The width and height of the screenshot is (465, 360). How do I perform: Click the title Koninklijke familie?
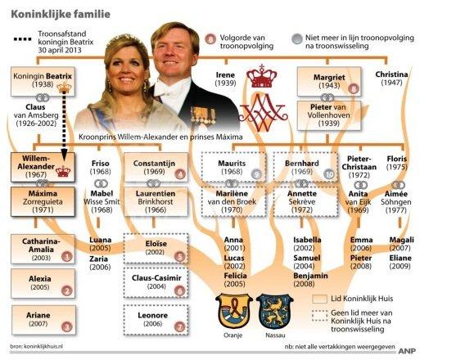click(61, 14)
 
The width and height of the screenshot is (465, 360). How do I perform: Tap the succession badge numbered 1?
click(67, 256)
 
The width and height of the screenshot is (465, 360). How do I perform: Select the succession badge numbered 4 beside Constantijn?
click(180, 174)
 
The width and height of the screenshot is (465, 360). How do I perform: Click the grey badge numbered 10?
click(329, 174)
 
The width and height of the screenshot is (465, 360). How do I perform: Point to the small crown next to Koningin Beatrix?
click(65, 88)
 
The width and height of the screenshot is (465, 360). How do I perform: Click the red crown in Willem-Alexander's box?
click(64, 171)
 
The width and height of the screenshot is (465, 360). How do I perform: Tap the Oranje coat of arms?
click(233, 311)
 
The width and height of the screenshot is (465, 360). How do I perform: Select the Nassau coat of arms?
click(274, 311)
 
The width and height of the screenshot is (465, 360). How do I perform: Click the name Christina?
click(391, 74)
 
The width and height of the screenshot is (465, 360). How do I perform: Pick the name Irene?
click(225, 75)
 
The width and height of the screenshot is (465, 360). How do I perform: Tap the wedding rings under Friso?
click(101, 184)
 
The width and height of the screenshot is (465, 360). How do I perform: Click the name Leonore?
click(153, 315)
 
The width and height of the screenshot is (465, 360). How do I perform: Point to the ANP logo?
click(407, 351)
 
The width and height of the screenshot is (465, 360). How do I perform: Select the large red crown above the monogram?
click(262, 76)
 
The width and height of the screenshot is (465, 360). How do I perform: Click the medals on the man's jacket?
click(203, 115)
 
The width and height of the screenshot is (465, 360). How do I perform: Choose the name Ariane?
click(38, 315)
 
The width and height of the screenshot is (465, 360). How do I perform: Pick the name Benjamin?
click(310, 276)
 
